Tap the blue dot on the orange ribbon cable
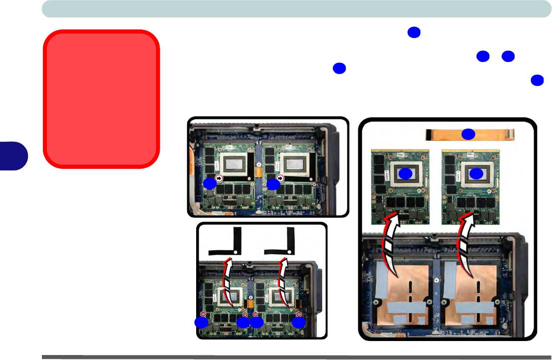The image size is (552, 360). (468, 134)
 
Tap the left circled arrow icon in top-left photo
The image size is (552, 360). (219, 178)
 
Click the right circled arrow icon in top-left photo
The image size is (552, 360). (281, 178)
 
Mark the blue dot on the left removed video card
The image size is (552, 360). (406, 173)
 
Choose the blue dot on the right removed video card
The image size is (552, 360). (477, 173)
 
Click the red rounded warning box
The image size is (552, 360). (101, 99)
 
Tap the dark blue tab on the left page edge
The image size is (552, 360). (13, 155)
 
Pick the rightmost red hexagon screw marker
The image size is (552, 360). (298, 314)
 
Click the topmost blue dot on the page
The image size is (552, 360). (413, 32)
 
